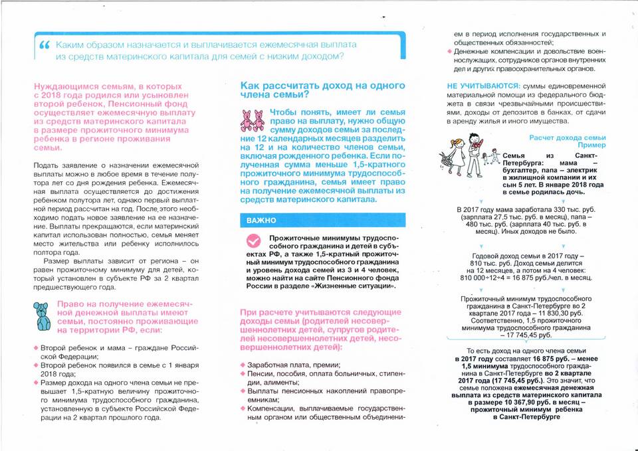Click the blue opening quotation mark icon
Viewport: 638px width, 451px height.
point(45,45)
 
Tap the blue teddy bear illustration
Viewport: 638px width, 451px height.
point(43,317)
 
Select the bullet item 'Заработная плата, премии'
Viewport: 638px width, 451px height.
point(294,365)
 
